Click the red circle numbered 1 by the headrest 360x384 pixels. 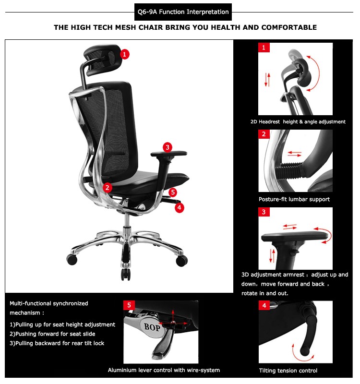125,54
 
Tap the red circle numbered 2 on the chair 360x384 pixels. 107,188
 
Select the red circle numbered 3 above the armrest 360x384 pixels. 168,147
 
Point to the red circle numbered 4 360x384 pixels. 179,208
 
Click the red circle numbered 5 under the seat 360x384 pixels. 173,192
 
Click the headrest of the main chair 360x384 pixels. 102,60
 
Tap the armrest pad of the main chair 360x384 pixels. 169,154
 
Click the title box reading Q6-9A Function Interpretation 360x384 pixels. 183,12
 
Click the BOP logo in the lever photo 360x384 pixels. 152,327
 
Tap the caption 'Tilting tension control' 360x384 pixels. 288,371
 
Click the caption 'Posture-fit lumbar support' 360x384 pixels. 294,199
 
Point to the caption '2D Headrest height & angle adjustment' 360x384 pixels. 298,122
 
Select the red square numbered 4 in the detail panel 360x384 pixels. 264,305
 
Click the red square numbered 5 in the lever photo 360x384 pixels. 129,305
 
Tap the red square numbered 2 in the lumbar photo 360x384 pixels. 264,134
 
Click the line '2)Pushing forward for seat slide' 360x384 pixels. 52,334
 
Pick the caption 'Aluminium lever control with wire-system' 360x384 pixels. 164,370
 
